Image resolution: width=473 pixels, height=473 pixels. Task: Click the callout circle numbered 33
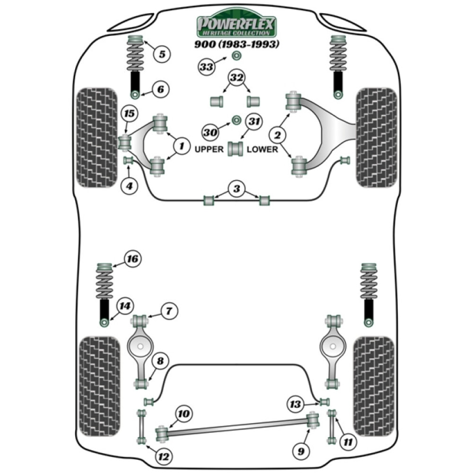tap(206, 68)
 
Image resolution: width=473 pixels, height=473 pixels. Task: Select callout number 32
tap(236, 78)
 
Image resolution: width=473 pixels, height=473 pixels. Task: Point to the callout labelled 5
tap(162, 54)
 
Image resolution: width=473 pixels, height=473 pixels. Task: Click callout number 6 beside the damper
tap(160, 89)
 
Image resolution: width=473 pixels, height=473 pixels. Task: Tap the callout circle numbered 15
tap(129, 114)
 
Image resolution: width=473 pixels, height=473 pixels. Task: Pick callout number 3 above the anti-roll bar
tap(236, 190)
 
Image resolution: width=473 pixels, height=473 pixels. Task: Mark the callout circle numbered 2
tap(278, 135)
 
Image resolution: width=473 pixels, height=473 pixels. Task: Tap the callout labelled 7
tap(169, 311)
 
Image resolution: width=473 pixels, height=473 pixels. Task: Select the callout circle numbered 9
tap(301, 451)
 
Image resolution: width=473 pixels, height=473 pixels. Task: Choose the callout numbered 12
tap(164, 457)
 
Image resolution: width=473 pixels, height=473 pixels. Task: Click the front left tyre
tap(96, 137)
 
